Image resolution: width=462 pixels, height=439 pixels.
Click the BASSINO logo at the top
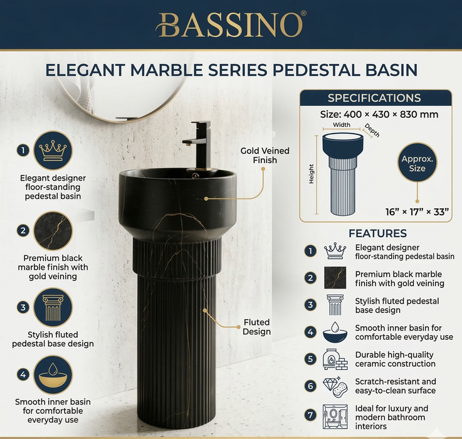(x=231, y=24)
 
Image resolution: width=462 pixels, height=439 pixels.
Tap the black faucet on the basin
(x=200, y=147)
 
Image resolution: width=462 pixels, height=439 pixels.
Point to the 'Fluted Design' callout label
(x=257, y=327)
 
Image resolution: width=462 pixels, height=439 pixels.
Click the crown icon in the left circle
(x=53, y=150)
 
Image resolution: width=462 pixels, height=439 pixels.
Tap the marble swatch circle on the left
(x=53, y=231)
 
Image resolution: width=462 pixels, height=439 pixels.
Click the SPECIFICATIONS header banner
(x=374, y=98)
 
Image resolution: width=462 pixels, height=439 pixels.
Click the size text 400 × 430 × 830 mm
(x=379, y=115)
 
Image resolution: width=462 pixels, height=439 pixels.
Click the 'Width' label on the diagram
(x=342, y=125)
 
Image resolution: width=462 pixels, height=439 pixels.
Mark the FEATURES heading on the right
(x=378, y=233)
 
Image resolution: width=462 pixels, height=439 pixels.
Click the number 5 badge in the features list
(x=310, y=359)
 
